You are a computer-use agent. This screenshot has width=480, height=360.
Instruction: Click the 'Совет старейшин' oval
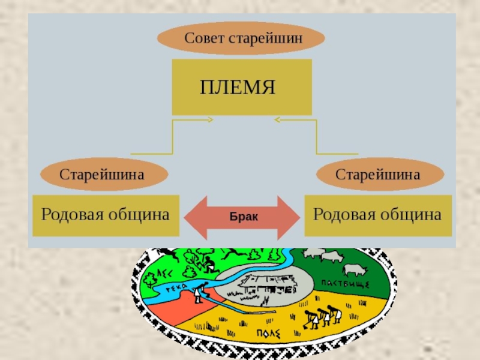(241, 39)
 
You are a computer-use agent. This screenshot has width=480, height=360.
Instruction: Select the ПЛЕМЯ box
(242, 87)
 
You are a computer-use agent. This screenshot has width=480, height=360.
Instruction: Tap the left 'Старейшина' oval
(101, 175)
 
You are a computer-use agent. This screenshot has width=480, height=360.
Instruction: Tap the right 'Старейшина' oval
(380, 175)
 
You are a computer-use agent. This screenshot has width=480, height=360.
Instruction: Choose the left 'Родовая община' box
(105, 215)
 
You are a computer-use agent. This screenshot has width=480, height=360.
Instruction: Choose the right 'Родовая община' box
(379, 215)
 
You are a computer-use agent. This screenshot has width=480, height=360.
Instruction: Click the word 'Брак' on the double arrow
(243, 217)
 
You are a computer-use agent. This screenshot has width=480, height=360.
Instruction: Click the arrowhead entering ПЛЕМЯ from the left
(210, 120)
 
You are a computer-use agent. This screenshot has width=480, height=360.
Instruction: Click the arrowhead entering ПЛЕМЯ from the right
(277, 120)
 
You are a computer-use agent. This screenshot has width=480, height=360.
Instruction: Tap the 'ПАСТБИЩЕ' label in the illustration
(344, 283)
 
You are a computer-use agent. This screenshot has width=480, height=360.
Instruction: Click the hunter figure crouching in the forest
(208, 263)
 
